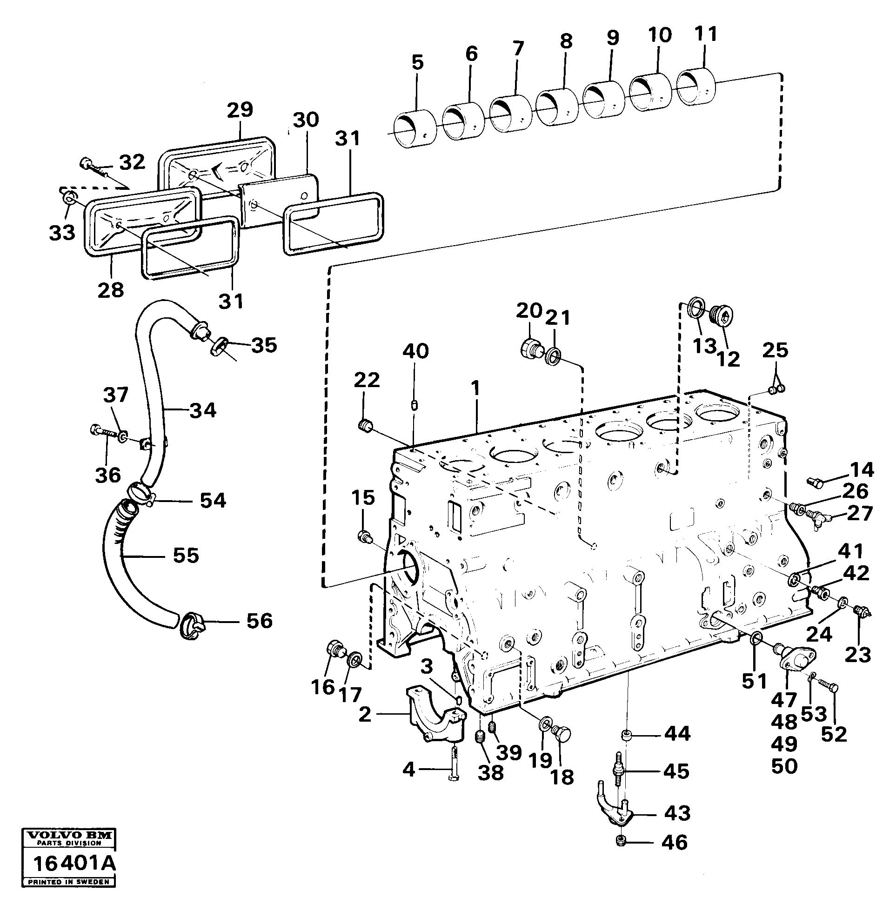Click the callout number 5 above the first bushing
point(417,63)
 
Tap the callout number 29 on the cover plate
point(240,110)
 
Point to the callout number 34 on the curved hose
point(203,410)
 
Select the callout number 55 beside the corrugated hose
point(186,556)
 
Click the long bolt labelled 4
point(454,765)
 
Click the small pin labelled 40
point(415,405)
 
